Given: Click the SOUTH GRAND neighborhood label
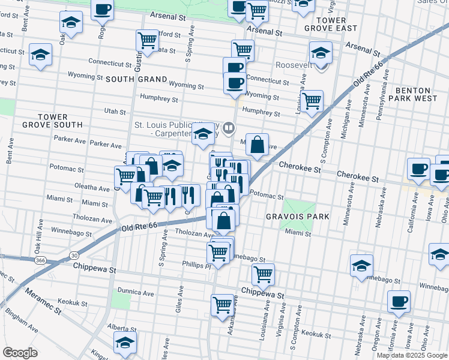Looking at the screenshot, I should [x=136, y=79].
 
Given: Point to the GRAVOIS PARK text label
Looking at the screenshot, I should [x=291, y=215].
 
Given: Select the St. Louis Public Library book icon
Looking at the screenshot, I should [x=228, y=128].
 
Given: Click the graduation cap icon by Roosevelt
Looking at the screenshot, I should [x=321, y=54].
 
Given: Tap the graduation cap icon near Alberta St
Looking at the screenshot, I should [x=125, y=343].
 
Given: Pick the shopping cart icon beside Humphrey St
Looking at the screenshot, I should [x=311, y=101].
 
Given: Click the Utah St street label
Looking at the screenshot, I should [x=115, y=111].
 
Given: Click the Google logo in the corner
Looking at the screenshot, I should [x=20, y=353].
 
